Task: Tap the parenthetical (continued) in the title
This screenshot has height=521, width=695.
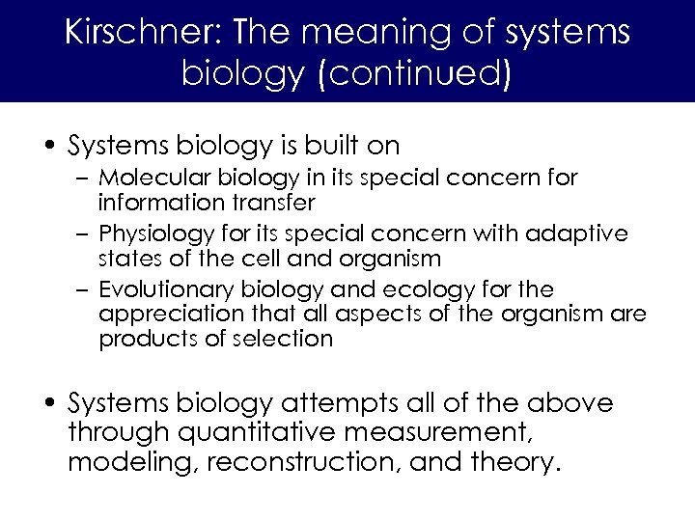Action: [411, 74]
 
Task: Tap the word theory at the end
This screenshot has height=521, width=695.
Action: [514, 463]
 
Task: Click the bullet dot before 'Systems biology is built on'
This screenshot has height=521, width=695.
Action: [52, 148]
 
